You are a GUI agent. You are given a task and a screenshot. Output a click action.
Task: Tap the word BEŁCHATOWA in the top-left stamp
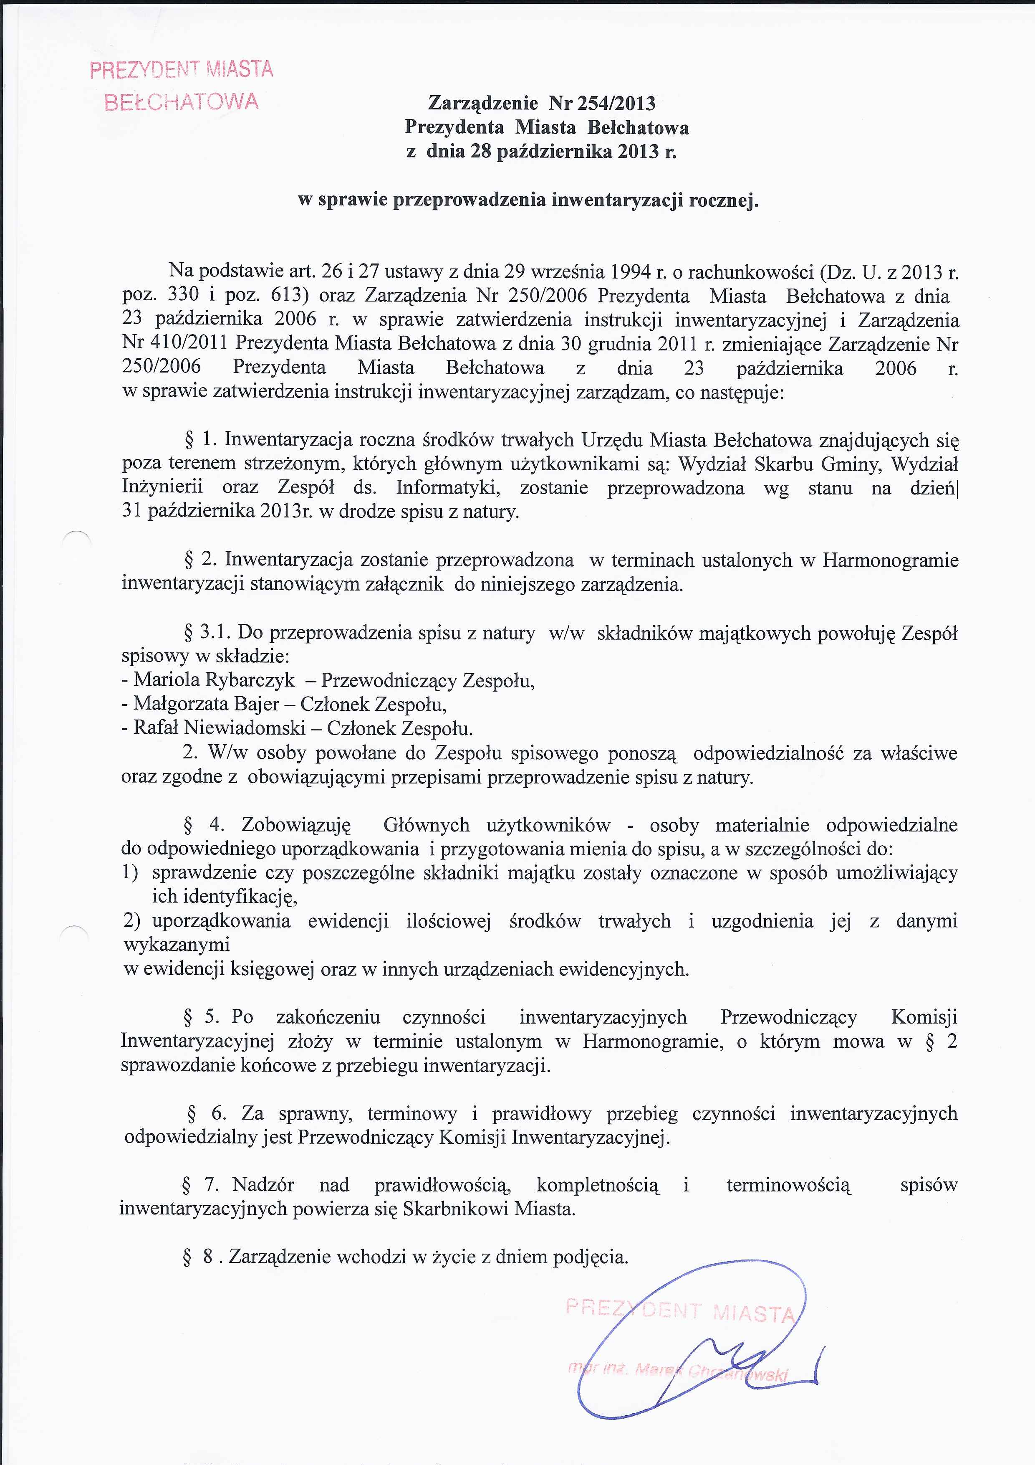(182, 102)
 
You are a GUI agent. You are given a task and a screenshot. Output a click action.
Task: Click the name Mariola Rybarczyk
(214, 680)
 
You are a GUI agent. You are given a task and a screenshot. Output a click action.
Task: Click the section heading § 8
(198, 1257)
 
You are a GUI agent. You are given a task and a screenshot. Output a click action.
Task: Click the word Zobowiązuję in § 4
(296, 825)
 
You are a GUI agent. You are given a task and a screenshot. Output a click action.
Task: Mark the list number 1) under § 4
(130, 872)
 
